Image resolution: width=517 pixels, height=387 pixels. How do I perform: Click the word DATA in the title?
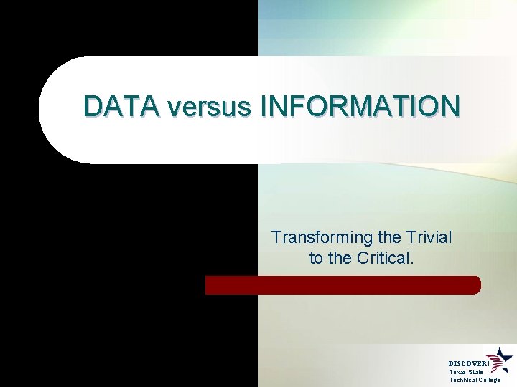(x=121, y=106)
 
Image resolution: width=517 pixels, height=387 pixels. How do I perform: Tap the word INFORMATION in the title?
(x=360, y=106)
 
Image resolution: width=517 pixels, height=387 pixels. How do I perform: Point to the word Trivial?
(x=428, y=237)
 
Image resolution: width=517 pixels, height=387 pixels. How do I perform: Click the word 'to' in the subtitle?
(x=316, y=258)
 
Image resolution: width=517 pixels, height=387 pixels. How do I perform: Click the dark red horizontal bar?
(x=343, y=285)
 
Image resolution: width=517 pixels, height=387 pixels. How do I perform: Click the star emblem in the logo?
(x=500, y=359)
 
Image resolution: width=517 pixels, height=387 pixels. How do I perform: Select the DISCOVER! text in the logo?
(x=468, y=364)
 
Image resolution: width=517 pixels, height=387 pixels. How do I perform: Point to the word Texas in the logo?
(x=457, y=372)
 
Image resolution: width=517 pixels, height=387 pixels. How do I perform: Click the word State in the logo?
(x=475, y=372)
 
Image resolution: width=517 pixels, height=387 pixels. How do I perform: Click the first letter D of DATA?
(x=92, y=106)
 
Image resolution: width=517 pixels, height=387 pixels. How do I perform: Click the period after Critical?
(x=412, y=262)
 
